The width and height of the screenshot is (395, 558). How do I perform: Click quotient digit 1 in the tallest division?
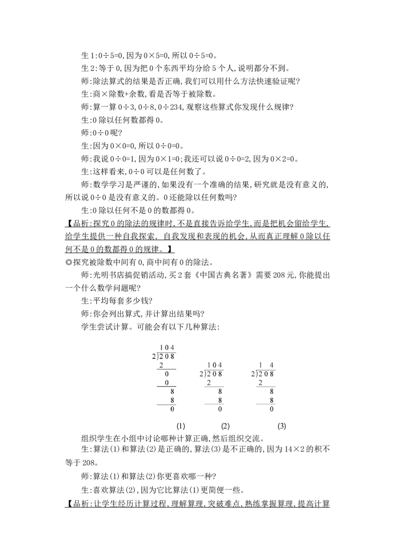coord(161,348)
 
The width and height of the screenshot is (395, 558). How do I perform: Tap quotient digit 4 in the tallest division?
coord(172,348)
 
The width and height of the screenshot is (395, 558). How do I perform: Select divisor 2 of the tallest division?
coord(153,356)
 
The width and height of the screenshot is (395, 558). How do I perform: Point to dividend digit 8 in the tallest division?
coord(172,356)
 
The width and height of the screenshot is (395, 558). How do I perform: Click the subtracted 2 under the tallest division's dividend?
coord(161,365)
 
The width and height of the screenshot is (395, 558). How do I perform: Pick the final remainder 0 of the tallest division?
coord(172,409)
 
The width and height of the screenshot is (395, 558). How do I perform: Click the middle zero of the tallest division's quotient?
coord(167,348)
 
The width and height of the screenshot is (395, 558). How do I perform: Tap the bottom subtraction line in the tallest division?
coord(165,405)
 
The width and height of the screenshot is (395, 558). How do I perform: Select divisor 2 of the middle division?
coord(201,374)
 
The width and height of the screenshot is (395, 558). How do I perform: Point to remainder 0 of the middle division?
coord(220,409)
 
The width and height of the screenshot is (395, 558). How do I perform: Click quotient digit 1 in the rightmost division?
coord(261,365)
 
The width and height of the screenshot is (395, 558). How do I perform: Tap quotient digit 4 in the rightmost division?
coord(272,365)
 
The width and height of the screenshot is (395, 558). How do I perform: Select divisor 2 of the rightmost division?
coord(252,374)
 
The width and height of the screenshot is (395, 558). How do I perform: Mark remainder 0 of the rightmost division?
coord(272,409)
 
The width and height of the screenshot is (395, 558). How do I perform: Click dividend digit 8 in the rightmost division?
coord(272,374)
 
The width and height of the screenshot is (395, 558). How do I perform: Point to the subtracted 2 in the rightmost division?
coord(260,383)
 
